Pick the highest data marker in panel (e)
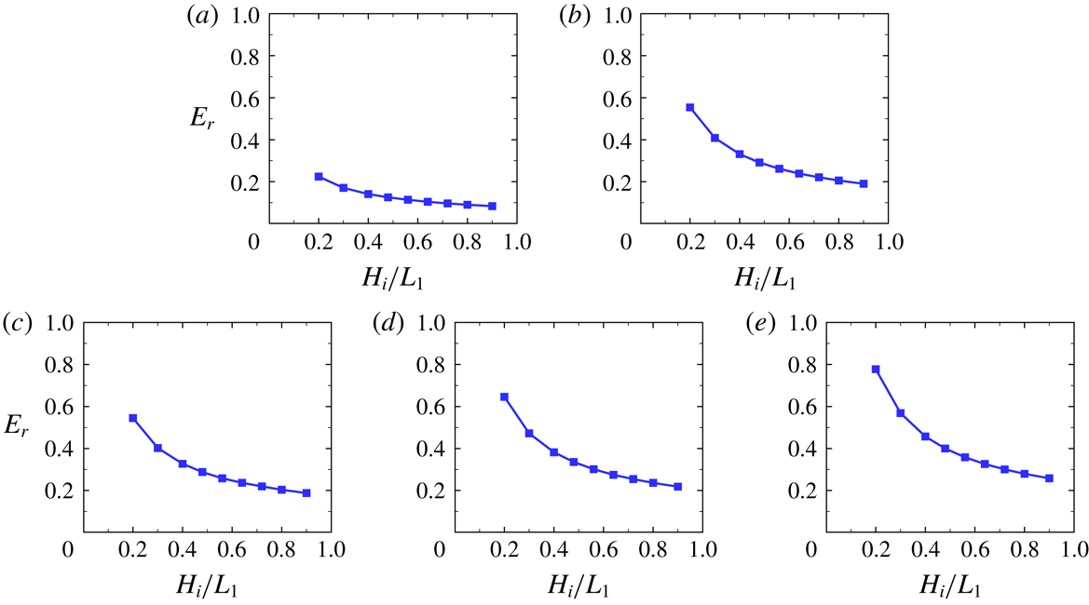click(x=876, y=370)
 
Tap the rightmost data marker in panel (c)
click(x=306, y=492)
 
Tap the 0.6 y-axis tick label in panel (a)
click(x=245, y=99)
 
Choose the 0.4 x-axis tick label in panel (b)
click(x=740, y=242)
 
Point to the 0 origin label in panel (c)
click(x=67, y=550)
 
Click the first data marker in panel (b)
click(x=690, y=108)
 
